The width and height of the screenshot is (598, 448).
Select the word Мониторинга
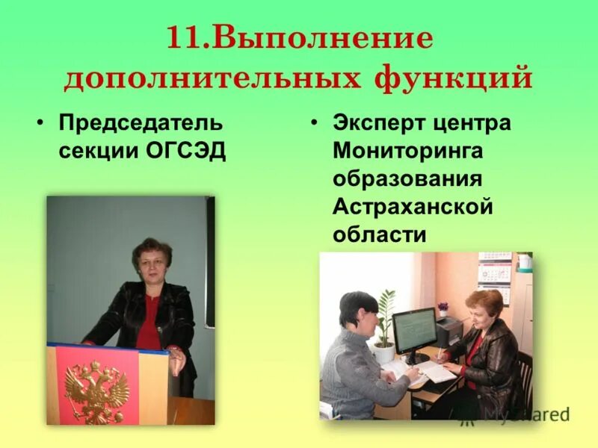408,151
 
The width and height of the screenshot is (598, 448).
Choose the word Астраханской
413,207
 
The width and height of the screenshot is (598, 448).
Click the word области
380,234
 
